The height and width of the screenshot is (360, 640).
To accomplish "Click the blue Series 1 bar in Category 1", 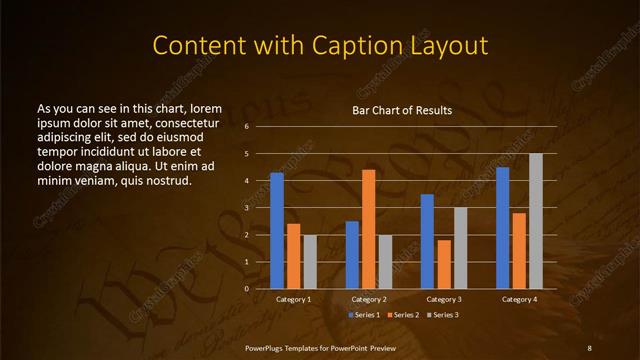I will [277, 231].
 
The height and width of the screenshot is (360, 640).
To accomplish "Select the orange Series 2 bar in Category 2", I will [369, 229].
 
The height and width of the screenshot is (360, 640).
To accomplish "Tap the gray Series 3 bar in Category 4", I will [536, 221].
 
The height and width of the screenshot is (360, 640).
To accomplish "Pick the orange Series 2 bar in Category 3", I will [444, 264].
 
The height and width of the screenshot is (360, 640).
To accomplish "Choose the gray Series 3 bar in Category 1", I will [310, 261].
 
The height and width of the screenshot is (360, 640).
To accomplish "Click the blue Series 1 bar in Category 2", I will [352, 255].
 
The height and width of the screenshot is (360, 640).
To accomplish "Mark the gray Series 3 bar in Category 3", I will [461, 248].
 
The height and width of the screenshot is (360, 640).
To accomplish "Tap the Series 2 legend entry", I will [403, 315].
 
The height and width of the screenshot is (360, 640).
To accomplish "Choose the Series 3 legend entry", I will [444, 315].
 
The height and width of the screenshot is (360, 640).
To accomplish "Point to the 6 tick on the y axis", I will [246, 127].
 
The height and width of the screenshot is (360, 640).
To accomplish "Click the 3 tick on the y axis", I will [246, 208].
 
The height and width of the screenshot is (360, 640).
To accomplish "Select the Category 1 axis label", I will [293, 299].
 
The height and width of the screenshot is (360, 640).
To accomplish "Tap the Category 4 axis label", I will [519, 299].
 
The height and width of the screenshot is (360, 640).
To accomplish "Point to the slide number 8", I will [589, 347].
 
